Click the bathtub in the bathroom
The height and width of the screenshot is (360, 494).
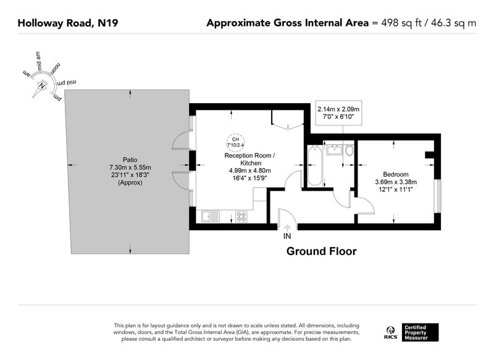pyautogui.click(x=315, y=165)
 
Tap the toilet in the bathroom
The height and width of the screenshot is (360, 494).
pyautogui.click(x=349, y=150)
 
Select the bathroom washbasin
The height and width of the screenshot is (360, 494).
pyautogui.click(x=335, y=149)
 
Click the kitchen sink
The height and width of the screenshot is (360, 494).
pyautogui.click(x=211, y=216)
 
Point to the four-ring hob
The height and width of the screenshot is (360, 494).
pyautogui.click(x=241, y=216)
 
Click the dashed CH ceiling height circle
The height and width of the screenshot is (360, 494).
pyautogui.click(x=235, y=142)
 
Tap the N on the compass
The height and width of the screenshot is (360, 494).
pyautogui.click(x=42, y=86)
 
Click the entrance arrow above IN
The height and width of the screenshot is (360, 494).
pyautogui.click(x=287, y=228)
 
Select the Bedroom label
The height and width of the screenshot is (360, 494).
pyautogui.click(x=396, y=174)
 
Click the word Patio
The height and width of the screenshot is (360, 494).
pyautogui.click(x=130, y=160)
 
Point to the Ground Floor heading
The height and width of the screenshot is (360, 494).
pyautogui.click(x=321, y=251)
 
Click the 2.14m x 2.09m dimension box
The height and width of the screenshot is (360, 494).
pyautogui.click(x=338, y=113)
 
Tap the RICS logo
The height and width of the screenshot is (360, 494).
pyautogui.click(x=390, y=333)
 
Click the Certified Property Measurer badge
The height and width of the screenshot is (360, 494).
pyautogui.click(x=420, y=332)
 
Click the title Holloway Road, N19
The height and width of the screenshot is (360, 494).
pyautogui.click(x=68, y=23)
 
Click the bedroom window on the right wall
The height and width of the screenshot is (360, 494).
pyautogui.click(x=437, y=196)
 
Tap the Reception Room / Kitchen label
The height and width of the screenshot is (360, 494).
pyautogui.click(x=249, y=159)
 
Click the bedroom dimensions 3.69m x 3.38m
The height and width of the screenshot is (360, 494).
pyautogui.click(x=396, y=182)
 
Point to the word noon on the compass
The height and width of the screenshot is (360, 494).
pyautogui.click(x=55, y=69)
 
